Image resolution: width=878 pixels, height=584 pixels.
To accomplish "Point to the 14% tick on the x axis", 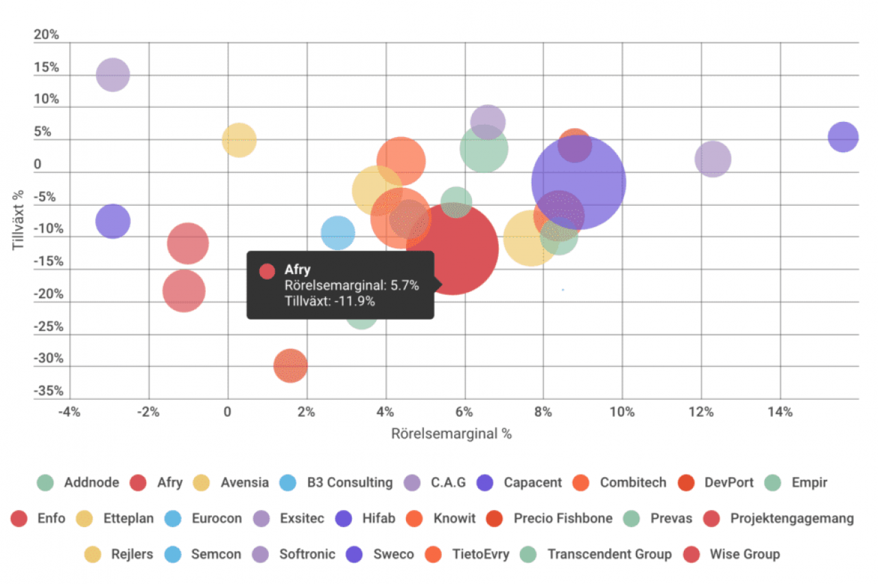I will pyautogui.click(x=780, y=412).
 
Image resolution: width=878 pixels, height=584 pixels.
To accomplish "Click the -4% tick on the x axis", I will pyautogui.click(x=69, y=412).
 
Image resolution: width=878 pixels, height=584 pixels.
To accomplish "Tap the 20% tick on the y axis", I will pyautogui.click(x=47, y=36).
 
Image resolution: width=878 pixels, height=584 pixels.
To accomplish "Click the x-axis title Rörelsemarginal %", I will pyautogui.click(x=451, y=434).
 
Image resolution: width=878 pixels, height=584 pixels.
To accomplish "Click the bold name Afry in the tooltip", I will pyautogui.click(x=297, y=270).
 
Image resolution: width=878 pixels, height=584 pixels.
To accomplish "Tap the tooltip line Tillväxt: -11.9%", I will pyautogui.click(x=329, y=300).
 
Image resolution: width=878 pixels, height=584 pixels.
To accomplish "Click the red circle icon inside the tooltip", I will pyautogui.click(x=268, y=271).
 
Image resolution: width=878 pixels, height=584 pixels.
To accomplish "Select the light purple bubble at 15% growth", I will pyautogui.click(x=113, y=75).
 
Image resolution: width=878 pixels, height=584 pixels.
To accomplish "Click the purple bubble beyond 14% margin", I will pyautogui.click(x=843, y=137).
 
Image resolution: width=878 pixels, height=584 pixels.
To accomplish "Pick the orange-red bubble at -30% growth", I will pyautogui.click(x=290, y=365).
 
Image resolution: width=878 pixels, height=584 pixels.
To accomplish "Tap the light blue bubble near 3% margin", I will pyautogui.click(x=337, y=232).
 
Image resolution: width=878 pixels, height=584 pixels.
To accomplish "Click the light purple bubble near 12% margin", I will pyautogui.click(x=713, y=160).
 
